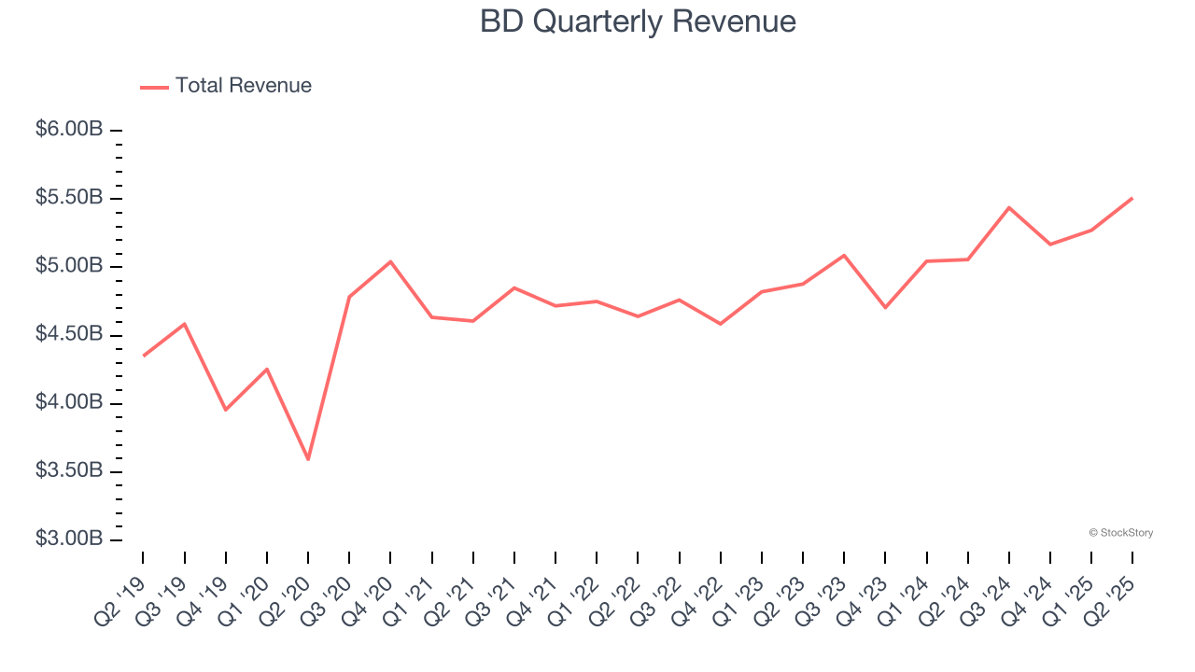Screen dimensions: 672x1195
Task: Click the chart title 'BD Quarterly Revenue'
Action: pos(638,21)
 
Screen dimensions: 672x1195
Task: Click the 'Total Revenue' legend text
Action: pos(243,86)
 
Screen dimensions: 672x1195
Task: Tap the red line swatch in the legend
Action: pos(154,87)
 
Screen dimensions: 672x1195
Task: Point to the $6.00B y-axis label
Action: pos(69,130)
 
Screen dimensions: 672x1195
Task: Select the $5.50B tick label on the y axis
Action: pos(69,198)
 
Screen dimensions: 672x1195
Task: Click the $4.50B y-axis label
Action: pos(69,335)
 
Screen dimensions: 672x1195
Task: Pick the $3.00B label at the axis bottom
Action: pos(69,539)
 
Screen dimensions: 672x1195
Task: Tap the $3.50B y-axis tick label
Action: pos(69,471)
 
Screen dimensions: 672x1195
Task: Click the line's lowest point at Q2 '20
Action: pos(308,459)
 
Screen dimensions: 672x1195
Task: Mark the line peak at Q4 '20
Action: pos(390,261)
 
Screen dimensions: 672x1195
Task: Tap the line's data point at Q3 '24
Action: pos(1009,207)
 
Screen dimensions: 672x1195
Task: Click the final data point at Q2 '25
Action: pos(1132,198)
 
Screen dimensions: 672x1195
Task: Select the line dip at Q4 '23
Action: pos(885,307)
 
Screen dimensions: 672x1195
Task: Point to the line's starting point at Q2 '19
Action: pos(143,356)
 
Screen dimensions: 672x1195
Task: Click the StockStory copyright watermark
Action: pos(1120,533)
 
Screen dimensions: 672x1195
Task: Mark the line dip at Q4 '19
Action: pos(226,410)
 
